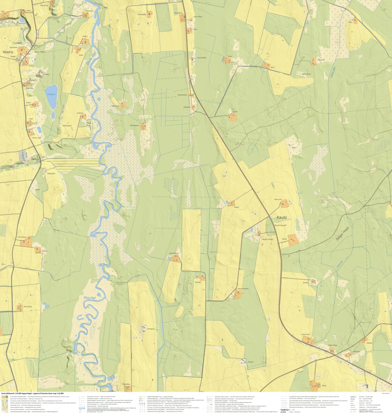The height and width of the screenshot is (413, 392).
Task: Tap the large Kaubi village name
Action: [x=282, y=217]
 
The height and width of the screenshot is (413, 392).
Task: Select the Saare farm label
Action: [x=235, y=112]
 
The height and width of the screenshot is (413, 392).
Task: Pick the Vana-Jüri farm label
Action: [x=278, y=199]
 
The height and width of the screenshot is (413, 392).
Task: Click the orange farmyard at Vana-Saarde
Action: [x=238, y=295]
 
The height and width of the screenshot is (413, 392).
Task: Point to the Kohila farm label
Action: [x=306, y=283]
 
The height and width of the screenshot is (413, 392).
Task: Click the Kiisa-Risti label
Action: [x=306, y=334]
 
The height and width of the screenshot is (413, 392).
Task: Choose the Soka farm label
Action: [x=324, y=385]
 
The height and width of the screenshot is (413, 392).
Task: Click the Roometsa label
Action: [x=28, y=306]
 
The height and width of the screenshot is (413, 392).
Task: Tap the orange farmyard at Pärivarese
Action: [x=27, y=241]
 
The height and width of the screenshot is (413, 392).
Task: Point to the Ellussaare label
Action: [x=134, y=125]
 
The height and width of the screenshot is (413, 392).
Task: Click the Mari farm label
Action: [x=294, y=148]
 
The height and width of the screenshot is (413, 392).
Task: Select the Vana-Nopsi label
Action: [x=174, y=253]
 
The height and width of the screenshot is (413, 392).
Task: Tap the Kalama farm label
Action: [x=80, y=113]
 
